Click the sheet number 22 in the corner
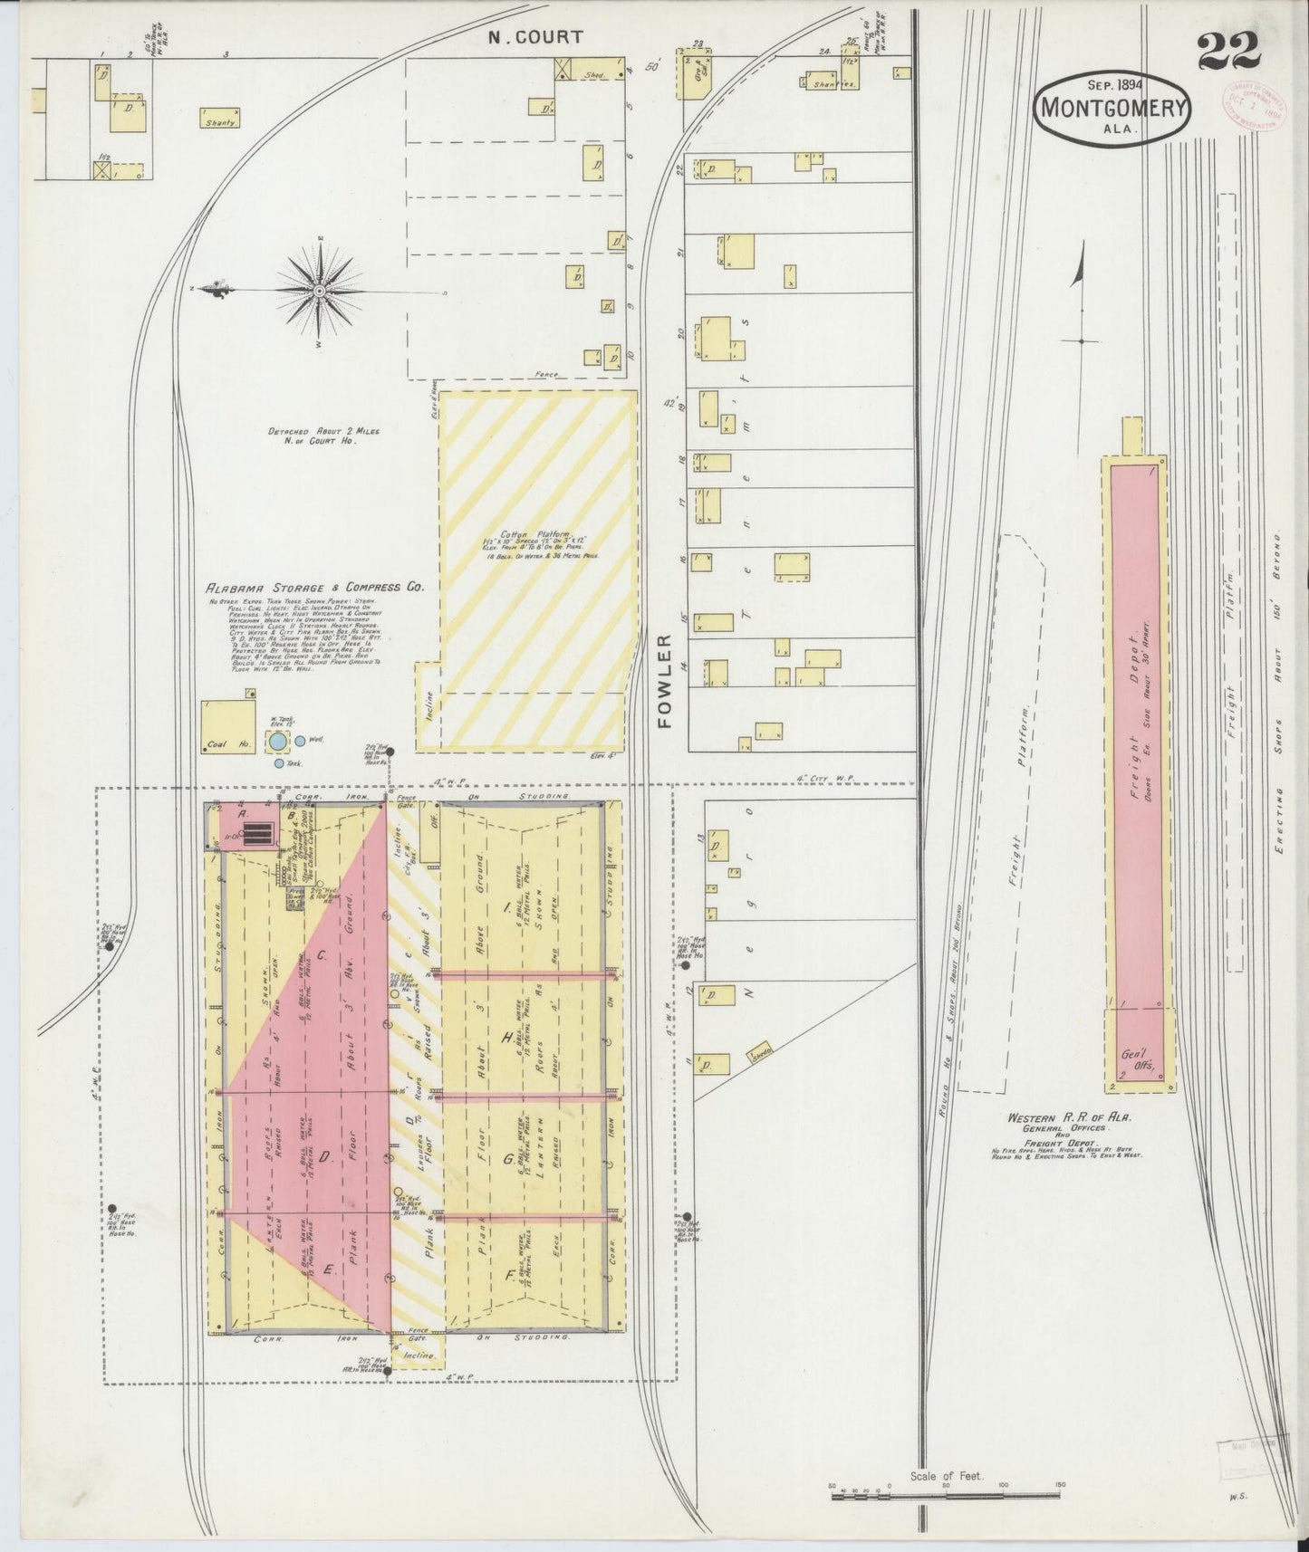click(x=1228, y=52)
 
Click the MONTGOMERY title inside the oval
click(x=1113, y=108)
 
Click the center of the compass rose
click(x=321, y=290)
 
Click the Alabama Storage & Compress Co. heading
click(x=316, y=587)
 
